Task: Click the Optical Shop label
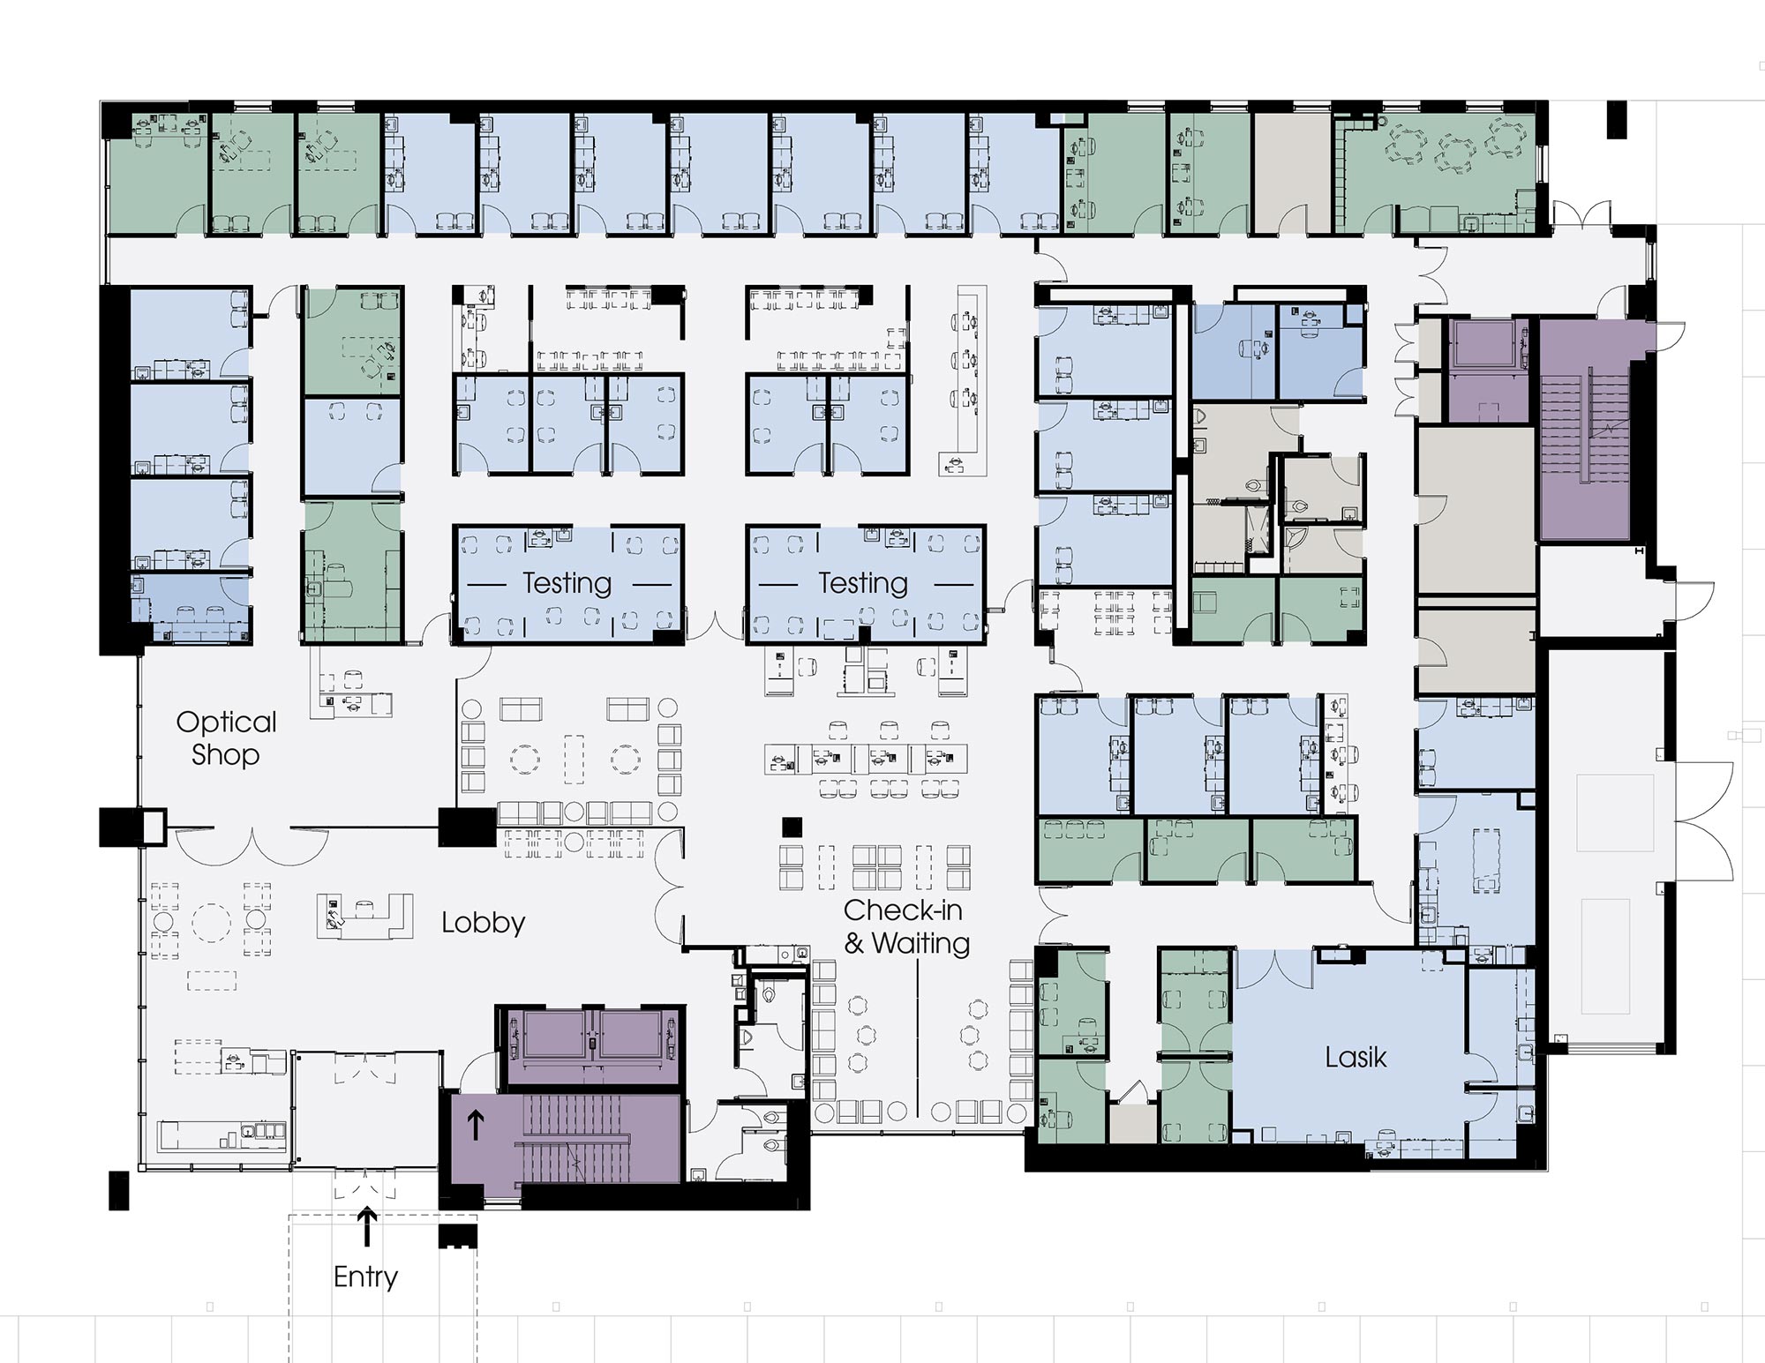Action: coord(226,738)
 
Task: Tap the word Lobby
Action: coord(483,923)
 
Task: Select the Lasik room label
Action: coord(1355,1057)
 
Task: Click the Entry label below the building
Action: coord(365,1277)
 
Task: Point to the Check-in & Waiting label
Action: coord(905,926)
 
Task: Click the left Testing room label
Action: coord(567,583)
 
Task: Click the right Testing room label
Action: coord(862,583)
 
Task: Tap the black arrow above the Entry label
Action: coord(366,1227)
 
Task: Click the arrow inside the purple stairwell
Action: coord(475,1125)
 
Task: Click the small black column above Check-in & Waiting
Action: coord(792,827)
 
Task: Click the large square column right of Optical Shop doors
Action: coord(468,828)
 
